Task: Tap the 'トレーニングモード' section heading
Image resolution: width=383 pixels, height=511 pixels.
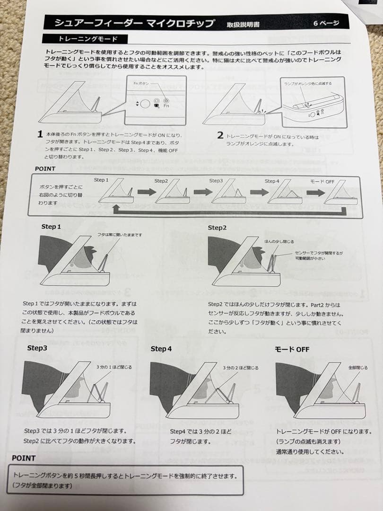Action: [x=87, y=39]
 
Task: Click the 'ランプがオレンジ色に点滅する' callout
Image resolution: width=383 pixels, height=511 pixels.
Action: [x=308, y=83]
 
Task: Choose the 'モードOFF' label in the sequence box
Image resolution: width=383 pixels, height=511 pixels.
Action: [x=322, y=181]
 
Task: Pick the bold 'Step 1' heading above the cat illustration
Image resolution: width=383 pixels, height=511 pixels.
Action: [x=51, y=227]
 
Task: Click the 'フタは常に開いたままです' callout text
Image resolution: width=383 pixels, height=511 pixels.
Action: [x=120, y=235]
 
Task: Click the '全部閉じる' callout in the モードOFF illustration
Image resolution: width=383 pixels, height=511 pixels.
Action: [x=358, y=367]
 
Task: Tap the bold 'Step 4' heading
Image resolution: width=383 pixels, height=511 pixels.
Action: [x=161, y=349]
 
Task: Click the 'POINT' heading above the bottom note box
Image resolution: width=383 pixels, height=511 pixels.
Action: [x=24, y=458]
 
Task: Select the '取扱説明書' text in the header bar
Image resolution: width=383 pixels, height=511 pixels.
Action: [x=243, y=24]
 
